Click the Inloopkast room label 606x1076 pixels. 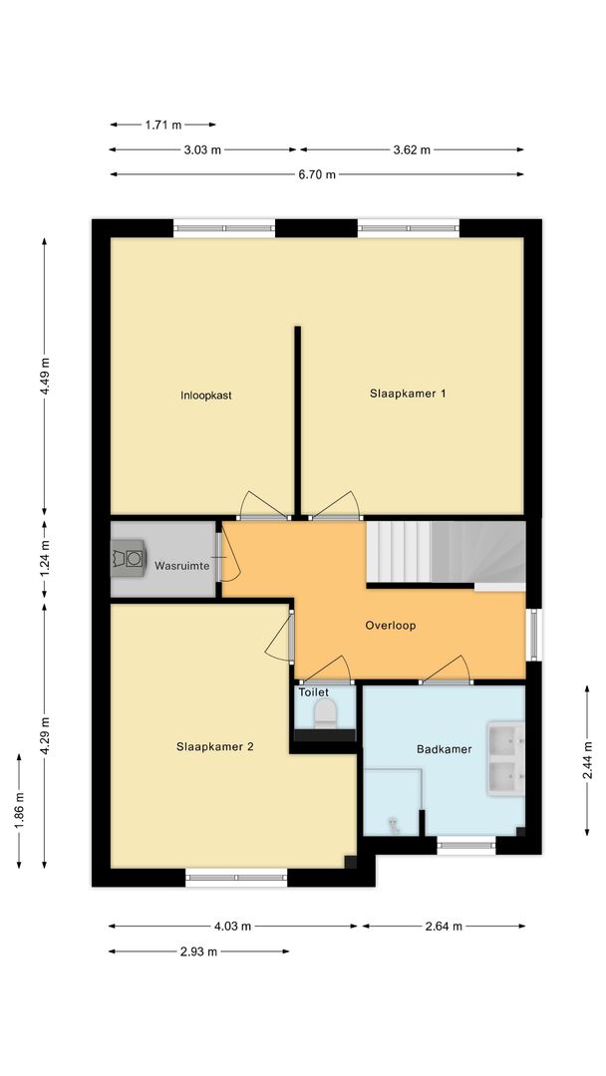pos(206,396)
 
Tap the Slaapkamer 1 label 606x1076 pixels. pos(407,394)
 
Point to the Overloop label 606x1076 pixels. pos(390,627)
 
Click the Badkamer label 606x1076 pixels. pos(444,749)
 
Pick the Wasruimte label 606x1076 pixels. pos(181,566)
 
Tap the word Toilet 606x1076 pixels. pos(313,691)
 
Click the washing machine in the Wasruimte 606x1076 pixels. pos(130,557)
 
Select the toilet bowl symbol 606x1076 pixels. pos(325,712)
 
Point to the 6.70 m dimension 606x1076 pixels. pos(318,174)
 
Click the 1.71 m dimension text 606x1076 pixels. pos(162,125)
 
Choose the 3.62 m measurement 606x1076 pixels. pos(412,149)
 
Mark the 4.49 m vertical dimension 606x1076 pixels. pos(45,376)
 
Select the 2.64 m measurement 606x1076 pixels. pos(444,927)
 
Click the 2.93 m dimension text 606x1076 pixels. pos(198,951)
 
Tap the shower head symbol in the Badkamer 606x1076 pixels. pos(394,824)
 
